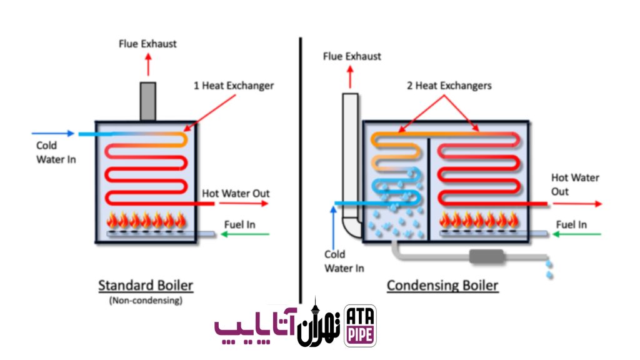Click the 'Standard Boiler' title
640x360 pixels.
(x=145, y=285)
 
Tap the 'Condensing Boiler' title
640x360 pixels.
(x=442, y=285)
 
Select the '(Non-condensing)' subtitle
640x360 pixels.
(x=146, y=301)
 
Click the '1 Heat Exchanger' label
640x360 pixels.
(x=234, y=86)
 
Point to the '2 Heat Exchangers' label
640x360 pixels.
(x=449, y=86)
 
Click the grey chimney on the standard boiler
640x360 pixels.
(x=147, y=102)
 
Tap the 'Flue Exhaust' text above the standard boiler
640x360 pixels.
(x=147, y=44)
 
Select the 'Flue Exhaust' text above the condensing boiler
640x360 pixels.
(x=352, y=56)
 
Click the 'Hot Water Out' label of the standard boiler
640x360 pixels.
(x=236, y=194)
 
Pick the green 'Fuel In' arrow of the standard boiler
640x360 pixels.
(x=245, y=234)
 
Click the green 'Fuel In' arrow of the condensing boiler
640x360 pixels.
(x=576, y=234)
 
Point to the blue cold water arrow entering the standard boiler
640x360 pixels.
(x=53, y=133)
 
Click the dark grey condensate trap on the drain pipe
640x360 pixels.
(x=486, y=256)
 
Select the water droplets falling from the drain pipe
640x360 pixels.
(x=549, y=269)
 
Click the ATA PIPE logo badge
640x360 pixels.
(x=360, y=326)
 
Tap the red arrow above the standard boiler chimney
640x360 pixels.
(x=148, y=65)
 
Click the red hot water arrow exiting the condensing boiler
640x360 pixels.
(x=577, y=204)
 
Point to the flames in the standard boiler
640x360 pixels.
(x=146, y=221)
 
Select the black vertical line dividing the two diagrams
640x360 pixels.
(x=301, y=171)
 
